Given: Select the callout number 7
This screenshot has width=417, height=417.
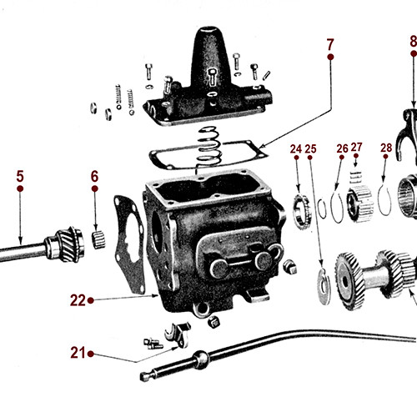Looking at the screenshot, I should (330, 43).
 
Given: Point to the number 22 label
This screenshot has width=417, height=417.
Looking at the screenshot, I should (78, 300).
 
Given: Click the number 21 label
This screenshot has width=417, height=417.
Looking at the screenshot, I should (78, 353).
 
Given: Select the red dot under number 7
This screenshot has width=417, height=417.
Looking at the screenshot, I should (330, 56).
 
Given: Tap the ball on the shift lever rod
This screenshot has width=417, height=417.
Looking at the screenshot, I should (199, 360).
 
